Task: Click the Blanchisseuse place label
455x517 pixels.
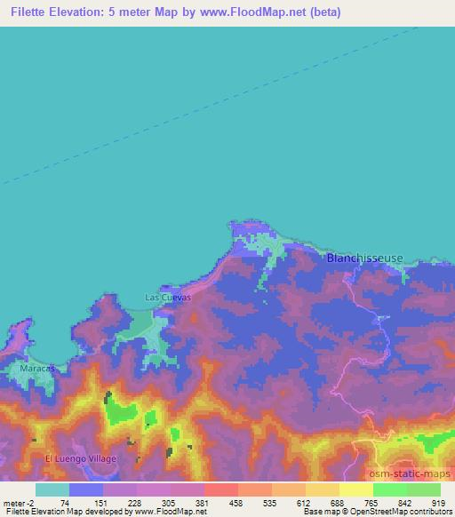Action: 364,258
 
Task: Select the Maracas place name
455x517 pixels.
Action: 37,367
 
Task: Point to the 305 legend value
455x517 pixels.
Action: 169,502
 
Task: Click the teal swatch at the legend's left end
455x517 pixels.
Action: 52,489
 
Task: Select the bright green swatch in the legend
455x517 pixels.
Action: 389,489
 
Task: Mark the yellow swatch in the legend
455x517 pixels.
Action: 355,489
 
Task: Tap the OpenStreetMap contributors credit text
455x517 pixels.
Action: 401,513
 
